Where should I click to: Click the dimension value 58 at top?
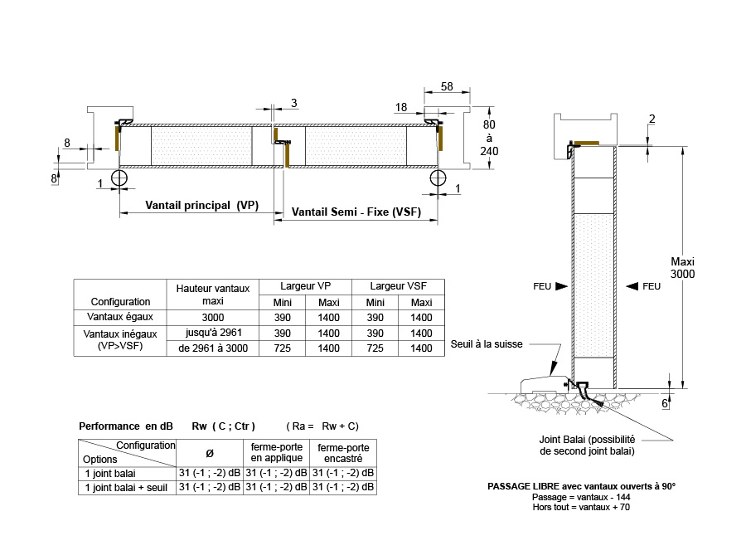447,85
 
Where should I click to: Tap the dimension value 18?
401,107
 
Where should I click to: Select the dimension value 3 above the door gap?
294,103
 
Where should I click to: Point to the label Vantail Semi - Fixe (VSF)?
356,212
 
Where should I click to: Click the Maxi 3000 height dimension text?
683,268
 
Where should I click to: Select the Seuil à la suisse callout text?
487,344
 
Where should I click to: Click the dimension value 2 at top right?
652,119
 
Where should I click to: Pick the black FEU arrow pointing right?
561,286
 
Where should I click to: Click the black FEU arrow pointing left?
632,286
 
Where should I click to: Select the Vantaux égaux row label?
120,317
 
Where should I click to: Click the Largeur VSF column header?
398,286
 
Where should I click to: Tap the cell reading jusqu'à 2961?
213,333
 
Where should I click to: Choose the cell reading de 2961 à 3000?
213,348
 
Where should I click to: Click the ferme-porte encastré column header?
342,452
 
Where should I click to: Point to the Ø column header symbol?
209,453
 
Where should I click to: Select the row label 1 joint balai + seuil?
127,488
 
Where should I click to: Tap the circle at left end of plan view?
119,178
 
